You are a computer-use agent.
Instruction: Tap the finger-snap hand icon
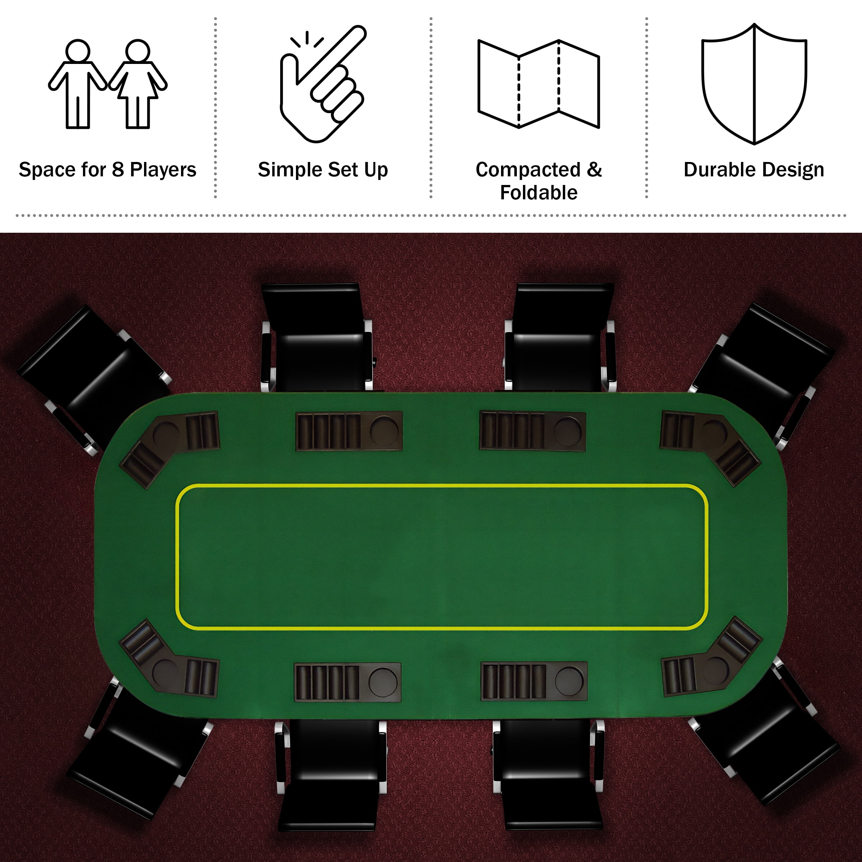coord(323,84)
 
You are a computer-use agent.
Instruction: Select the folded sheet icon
coord(538,84)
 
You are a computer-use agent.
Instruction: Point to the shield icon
coord(754,84)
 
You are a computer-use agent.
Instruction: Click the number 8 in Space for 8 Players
coord(118,170)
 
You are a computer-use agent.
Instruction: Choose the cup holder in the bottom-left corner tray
coord(166,671)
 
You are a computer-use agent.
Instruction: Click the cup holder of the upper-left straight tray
coord(384,431)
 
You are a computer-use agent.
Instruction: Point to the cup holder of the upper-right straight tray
coord(567,431)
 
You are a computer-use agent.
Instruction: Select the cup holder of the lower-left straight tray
coord(383,682)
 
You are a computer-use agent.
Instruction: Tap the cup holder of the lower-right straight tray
coord(569,681)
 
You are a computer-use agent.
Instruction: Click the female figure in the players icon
coord(138,84)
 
